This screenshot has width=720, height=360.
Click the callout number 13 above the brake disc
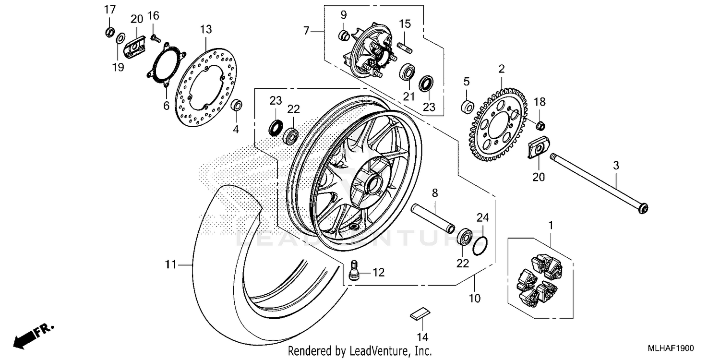point(205,30)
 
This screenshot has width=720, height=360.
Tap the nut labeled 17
point(109,32)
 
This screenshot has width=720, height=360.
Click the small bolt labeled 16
point(155,37)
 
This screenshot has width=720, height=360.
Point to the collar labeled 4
point(237,105)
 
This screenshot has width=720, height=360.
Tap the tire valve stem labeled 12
point(355,272)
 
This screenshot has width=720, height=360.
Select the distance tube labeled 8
point(432,216)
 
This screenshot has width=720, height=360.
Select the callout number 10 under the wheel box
point(474,298)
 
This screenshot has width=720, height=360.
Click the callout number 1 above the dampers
point(551,225)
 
